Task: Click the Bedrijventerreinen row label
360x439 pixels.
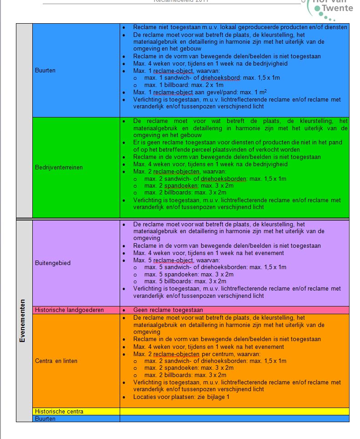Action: click(59, 167)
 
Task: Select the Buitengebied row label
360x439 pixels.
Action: click(53, 263)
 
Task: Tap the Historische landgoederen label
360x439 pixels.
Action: click(69, 310)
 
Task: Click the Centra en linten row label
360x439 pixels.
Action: click(56, 361)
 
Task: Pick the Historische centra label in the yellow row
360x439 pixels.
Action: click(59, 411)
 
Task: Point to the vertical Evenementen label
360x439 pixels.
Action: click(23, 321)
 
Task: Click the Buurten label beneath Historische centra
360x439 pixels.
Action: click(45, 419)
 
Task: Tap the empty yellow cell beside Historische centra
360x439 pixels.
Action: click(234, 411)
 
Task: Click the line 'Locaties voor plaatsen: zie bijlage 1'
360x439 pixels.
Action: click(181, 397)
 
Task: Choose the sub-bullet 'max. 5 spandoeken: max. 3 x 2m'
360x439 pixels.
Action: click(188, 275)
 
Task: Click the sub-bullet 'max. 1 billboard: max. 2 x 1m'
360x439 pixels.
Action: click(183, 85)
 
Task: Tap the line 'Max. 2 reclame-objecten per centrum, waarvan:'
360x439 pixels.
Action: click(197, 354)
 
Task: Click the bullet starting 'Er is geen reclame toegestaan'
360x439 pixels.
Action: click(237, 146)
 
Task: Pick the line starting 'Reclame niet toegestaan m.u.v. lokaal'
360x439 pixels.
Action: click(240, 27)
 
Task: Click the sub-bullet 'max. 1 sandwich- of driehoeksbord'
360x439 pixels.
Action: click(212, 78)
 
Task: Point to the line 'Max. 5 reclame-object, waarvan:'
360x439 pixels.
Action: click(176, 260)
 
